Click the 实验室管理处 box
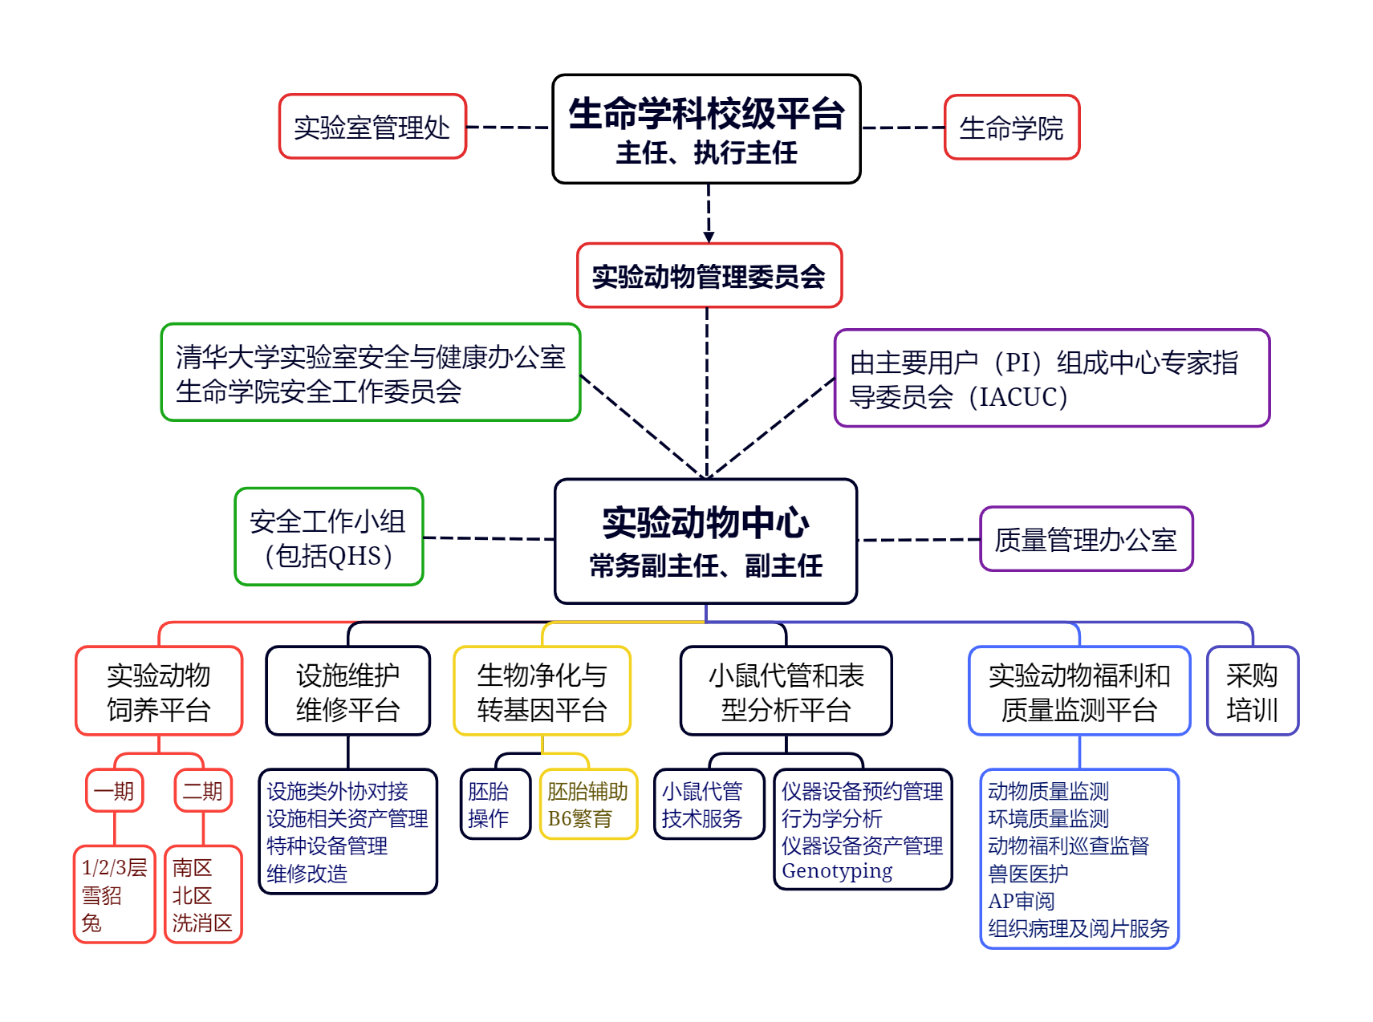(372, 127)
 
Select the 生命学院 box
(1012, 128)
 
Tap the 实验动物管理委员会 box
(709, 276)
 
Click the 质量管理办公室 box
(1086, 539)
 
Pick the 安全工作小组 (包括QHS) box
(329, 537)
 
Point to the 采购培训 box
(1252, 691)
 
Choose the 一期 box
(114, 791)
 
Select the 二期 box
(203, 791)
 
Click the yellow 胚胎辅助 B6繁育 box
(588, 805)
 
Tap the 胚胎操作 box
(495, 805)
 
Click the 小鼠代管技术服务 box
(709, 805)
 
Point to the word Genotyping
(837, 871)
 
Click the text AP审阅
(1021, 901)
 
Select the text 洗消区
(202, 923)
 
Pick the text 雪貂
(102, 895)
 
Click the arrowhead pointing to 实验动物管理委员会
(709, 237)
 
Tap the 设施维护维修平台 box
(348, 691)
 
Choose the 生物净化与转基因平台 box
(542, 691)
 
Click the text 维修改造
(307, 874)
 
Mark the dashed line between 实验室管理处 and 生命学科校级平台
(509, 127)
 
